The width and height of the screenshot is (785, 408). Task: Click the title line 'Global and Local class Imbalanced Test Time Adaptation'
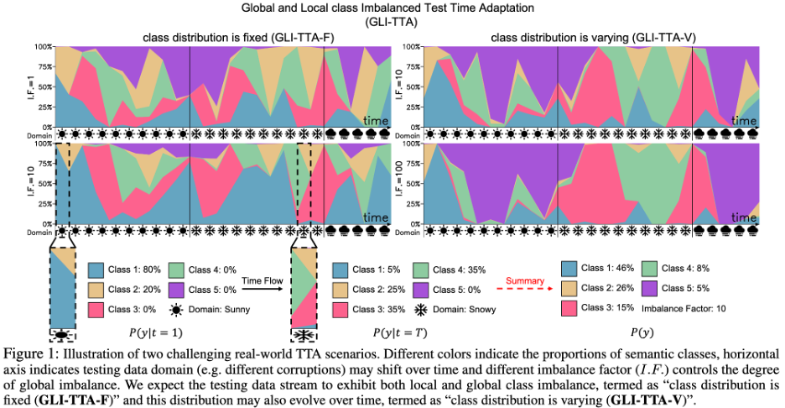point(392,9)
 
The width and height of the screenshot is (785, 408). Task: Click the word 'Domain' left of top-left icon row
point(29,133)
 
